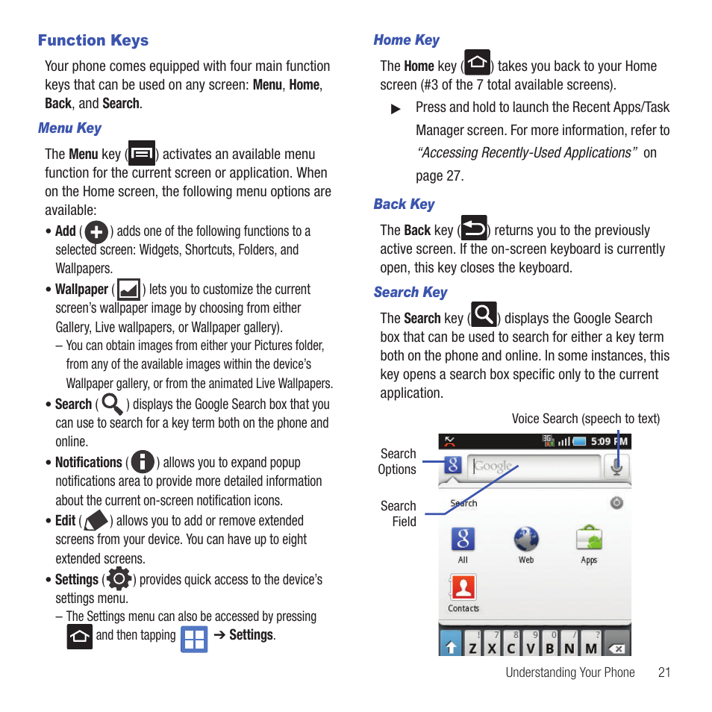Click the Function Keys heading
pyautogui.click(x=93, y=40)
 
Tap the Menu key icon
pyautogui.click(x=142, y=153)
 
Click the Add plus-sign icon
pyautogui.click(x=96, y=232)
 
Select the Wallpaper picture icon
pyautogui.click(x=128, y=290)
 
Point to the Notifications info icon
pyautogui.click(x=143, y=462)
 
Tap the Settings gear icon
pyautogui.click(x=119, y=578)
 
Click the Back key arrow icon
pyautogui.click(x=474, y=228)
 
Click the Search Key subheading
pyautogui.click(x=410, y=293)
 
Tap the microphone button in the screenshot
pyautogui.click(x=616, y=466)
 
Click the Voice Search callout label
pyautogui.click(x=585, y=419)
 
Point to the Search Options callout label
pyautogui.click(x=398, y=461)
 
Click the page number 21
pyautogui.click(x=664, y=672)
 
